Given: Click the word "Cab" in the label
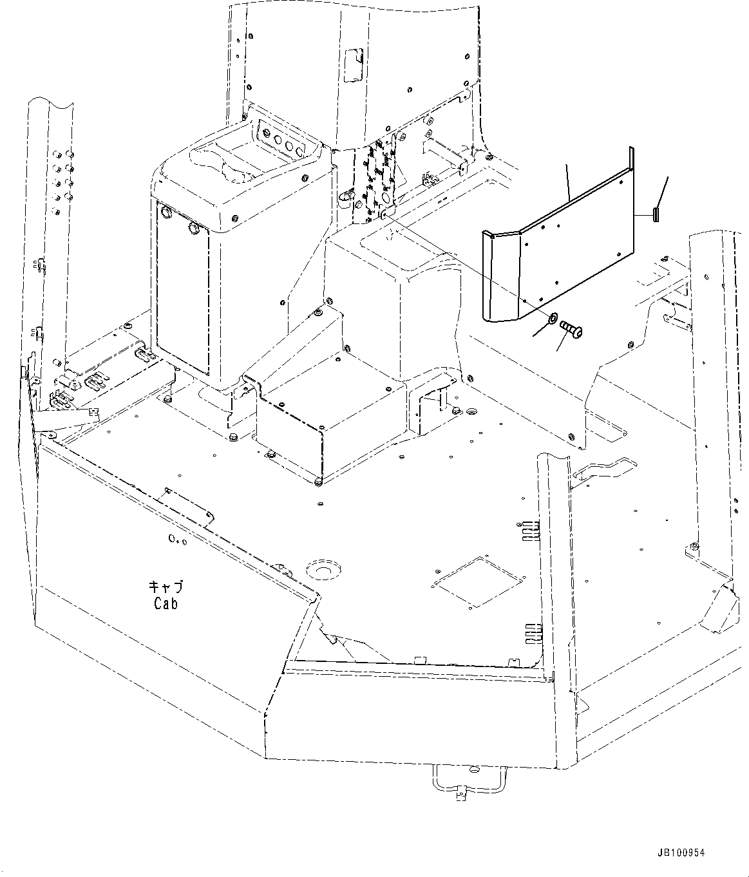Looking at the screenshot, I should (x=166, y=604).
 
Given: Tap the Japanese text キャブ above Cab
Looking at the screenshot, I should (x=166, y=587).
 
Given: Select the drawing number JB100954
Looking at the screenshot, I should (x=681, y=853).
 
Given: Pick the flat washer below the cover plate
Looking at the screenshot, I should (x=553, y=318).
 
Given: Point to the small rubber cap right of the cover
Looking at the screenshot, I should (x=656, y=214).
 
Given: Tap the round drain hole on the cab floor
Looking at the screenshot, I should (x=323, y=571).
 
